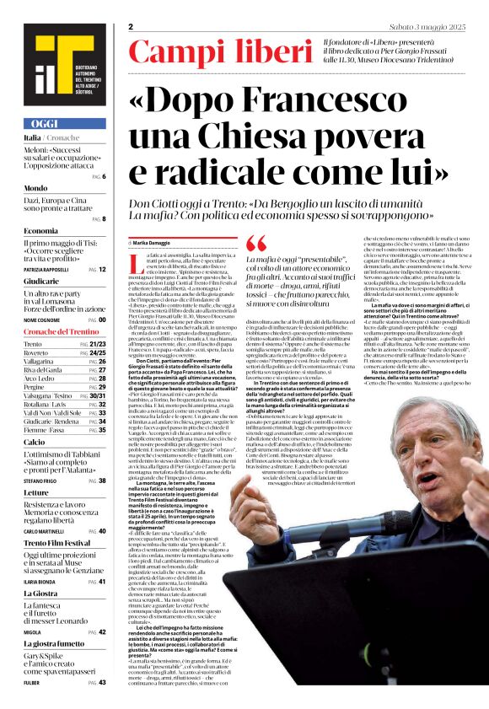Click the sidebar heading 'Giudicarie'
tap(41, 281)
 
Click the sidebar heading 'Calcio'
tap(35, 441)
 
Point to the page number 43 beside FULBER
tap(102, 681)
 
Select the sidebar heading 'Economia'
tap(41, 230)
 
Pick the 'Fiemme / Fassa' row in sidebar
tap(43, 429)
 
